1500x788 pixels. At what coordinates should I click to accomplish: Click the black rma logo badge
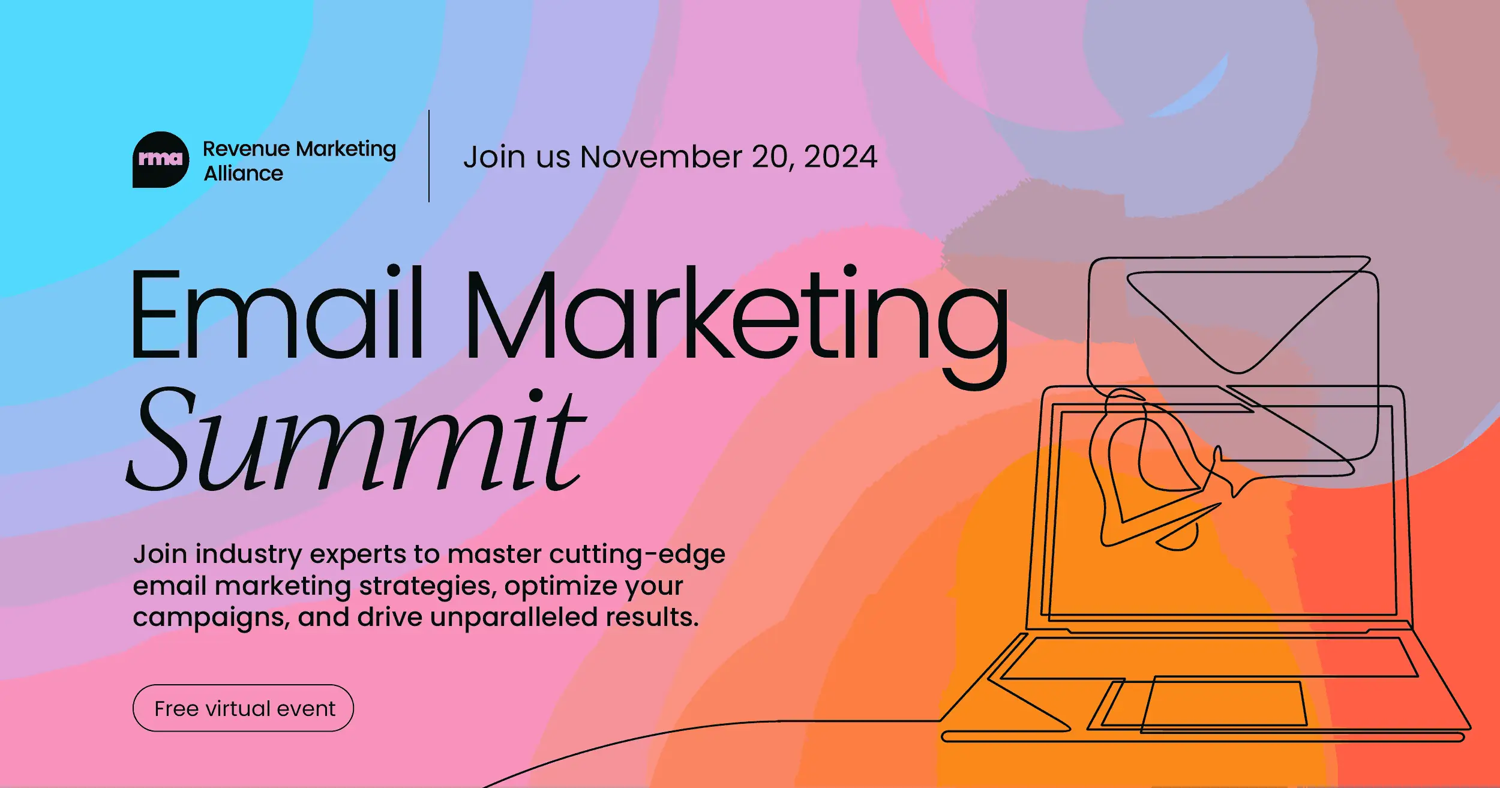coord(160,159)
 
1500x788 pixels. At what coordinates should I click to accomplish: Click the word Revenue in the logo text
coord(246,148)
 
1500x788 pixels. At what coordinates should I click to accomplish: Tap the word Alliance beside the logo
coord(243,173)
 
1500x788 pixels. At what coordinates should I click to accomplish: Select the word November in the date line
coord(661,157)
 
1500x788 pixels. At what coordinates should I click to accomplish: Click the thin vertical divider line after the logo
coord(429,156)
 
